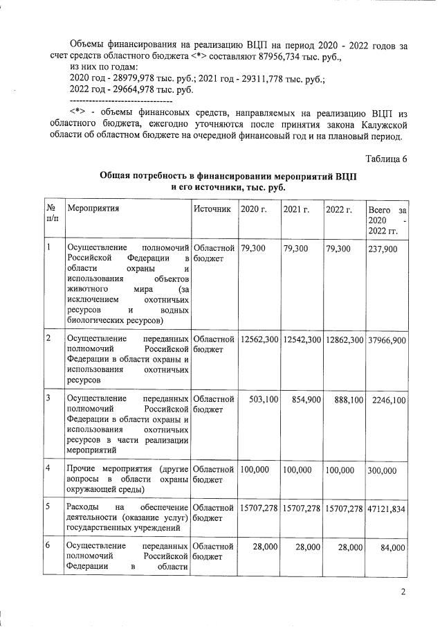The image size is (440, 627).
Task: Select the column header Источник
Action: tap(212, 209)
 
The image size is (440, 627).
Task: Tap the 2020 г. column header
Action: tap(253, 209)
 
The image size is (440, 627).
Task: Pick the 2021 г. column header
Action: tap(296, 209)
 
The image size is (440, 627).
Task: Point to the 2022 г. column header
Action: tap(339, 209)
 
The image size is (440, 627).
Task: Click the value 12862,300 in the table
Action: tap(344, 339)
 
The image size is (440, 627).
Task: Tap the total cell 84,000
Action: tap(392, 547)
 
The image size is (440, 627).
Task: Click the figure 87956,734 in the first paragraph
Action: tap(311, 56)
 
